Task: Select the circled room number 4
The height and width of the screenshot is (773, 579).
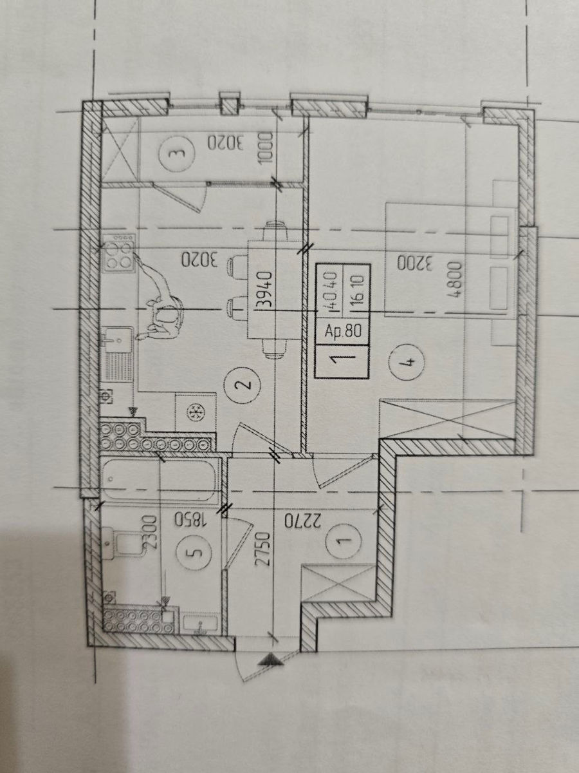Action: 407,361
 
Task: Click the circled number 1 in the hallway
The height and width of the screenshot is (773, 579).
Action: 343,541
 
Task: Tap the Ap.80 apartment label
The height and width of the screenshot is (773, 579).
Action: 343,331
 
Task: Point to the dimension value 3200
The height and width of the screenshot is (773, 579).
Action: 415,263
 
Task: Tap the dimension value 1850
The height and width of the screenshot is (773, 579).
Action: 190,520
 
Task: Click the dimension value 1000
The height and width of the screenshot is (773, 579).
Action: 266,148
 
